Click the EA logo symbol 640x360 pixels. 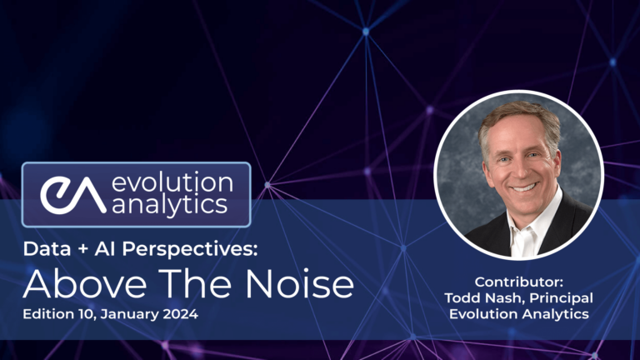tap(72, 194)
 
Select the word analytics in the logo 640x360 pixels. tap(171, 207)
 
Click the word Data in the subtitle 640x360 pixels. tap(42, 249)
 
